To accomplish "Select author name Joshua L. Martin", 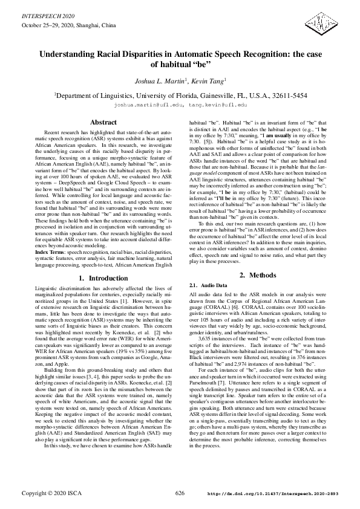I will [x=158, y=80].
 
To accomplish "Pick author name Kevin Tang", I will [x=210, y=80].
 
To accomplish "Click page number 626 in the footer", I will [x=180, y=493].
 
